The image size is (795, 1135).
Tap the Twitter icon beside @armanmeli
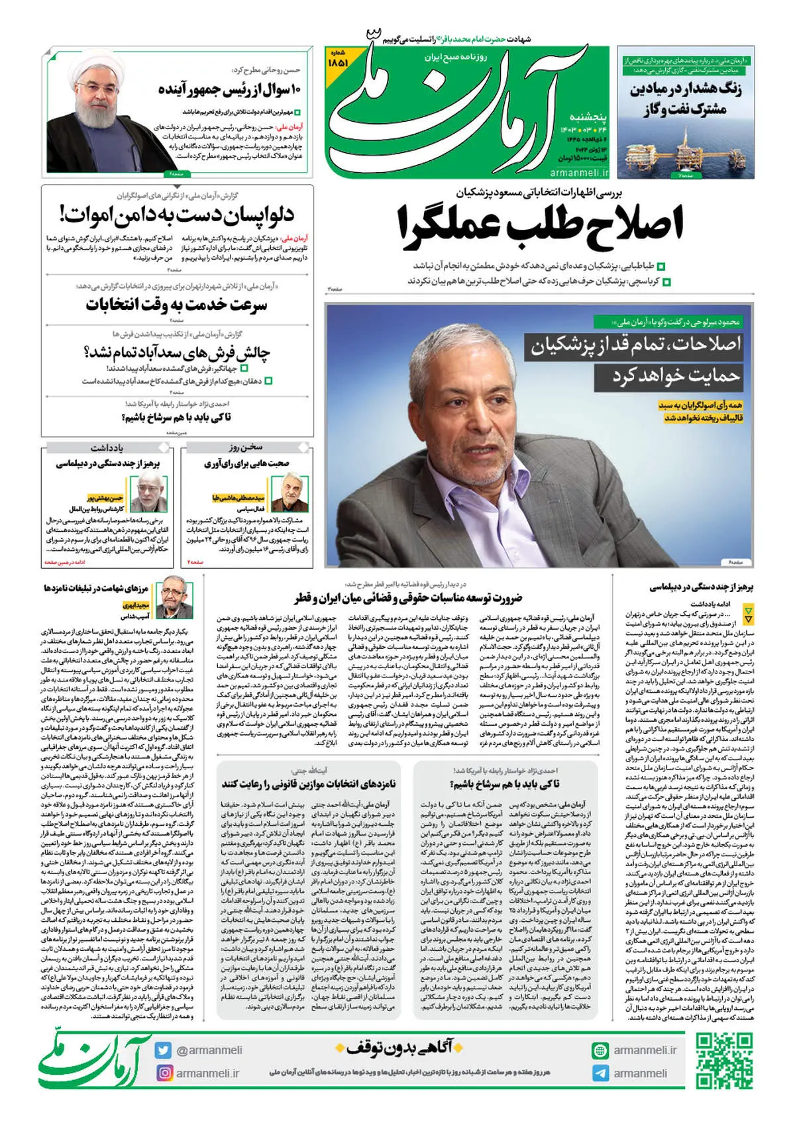(x=163, y=1050)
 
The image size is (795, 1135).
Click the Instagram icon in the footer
(x=163, y=1073)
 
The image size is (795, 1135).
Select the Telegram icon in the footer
(x=600, y=1073)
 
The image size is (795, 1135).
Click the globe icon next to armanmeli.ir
(x=600, y=1050)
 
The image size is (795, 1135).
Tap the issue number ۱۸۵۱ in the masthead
(x=339, y=62)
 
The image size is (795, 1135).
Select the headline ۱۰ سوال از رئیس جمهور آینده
(x=231, y=89)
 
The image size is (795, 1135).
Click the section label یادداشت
(x=107, y=448)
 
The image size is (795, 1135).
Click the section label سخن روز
(x=246, y=448)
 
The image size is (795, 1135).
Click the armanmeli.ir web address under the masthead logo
(x=579, y=172)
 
